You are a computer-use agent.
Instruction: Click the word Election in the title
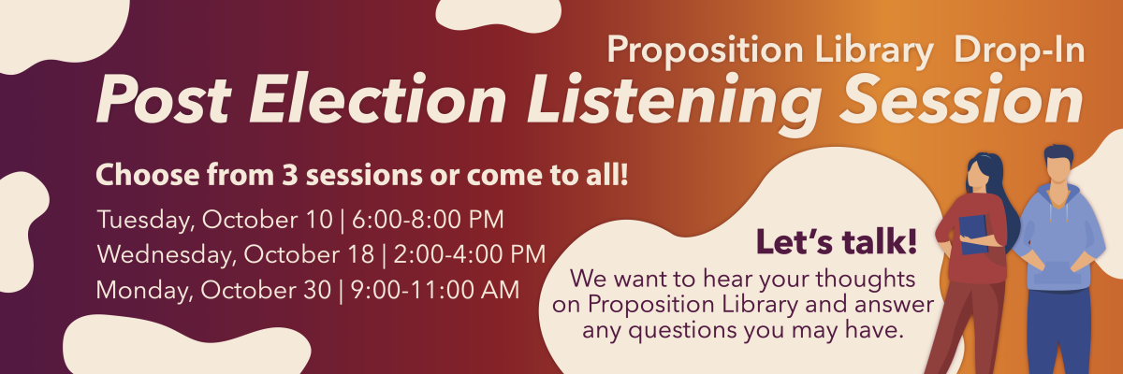click(378, 98)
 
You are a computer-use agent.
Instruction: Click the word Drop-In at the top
click(1020, 50)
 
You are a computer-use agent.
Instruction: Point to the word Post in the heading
click(164, 98)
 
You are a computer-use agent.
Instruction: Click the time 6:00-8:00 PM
click(428, 220)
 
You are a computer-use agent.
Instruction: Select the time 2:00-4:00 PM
click(469, 254)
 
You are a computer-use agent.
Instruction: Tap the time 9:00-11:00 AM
click(434, 290)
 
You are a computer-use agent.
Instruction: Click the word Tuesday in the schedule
click(146, 221)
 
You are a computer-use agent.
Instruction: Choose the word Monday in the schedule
click(144, 291)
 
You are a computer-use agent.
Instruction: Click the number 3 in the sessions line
click(290, 175)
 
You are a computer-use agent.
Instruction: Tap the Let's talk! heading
click(837, 241)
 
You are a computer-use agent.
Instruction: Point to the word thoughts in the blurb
click(866, 279)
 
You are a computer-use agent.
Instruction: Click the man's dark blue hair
click(1058, 152)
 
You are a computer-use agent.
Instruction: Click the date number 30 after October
click(316, 291)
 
